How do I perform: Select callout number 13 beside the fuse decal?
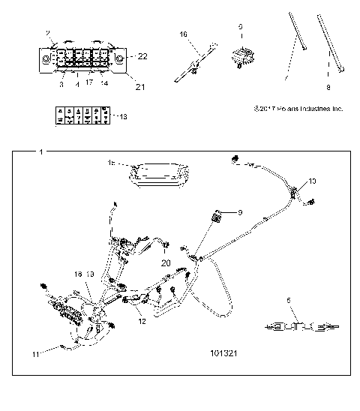124,117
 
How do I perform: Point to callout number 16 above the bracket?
183,34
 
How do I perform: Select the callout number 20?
166,262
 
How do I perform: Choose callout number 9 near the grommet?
240,213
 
